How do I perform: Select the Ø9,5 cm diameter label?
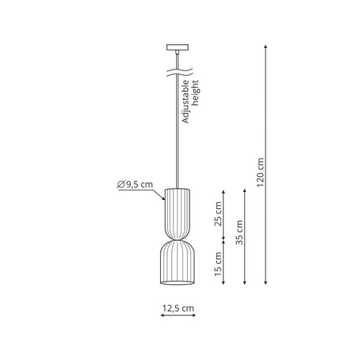click(134, 185)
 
